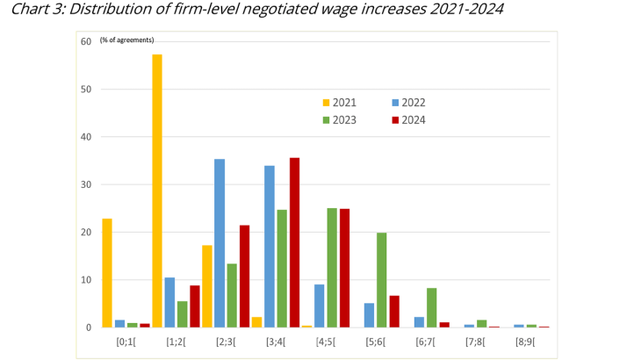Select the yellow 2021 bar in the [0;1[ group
tap(107, 273)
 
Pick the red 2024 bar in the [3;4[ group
tap(295, 242)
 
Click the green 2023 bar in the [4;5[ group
tap(333, 268)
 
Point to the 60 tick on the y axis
tap(86, 41)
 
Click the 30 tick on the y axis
tap(86, 184)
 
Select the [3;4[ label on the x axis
tap(276, 341)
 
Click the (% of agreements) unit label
tap(126, 40)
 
